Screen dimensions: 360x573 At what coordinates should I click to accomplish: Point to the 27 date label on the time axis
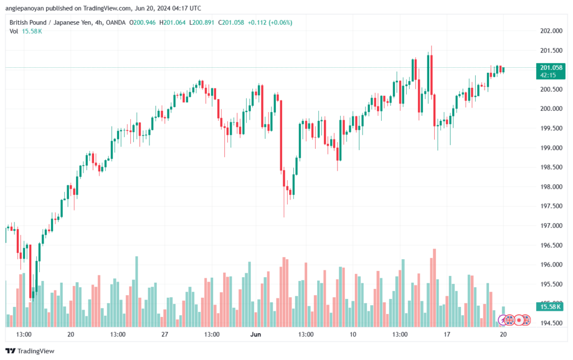click(165, 334)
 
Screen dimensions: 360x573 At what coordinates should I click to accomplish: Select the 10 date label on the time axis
click(353, 334)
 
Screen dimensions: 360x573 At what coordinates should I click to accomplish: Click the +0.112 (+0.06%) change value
click(273, 22)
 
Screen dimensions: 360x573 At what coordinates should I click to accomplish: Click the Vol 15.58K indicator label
click(26, 31)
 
